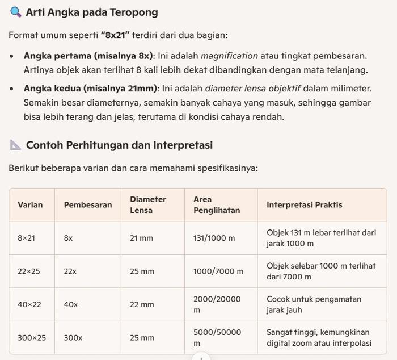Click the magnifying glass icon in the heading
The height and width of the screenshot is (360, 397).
pos(16,12)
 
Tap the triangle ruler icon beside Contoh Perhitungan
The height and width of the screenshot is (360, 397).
pos(16,145)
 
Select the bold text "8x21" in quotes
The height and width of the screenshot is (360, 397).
pos(115,35)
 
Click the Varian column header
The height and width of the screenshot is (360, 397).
pos(29,204)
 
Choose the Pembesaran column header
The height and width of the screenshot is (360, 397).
pos(88,204)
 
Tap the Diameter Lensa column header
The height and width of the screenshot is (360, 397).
pos(148,204)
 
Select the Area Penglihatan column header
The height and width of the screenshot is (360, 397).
pos(217,204)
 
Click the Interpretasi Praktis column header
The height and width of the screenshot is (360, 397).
pos(305,204)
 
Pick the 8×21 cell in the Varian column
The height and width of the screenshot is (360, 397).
pos(26,238)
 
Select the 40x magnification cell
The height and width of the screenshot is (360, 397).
pos(71,304)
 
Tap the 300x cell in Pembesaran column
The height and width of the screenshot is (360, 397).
pos(73,337)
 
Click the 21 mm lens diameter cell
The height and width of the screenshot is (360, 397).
pos(142,238)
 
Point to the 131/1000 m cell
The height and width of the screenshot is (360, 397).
pos(214,238)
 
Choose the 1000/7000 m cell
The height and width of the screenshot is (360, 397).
pos(218,271)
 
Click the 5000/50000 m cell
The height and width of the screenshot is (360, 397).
pos(217,337)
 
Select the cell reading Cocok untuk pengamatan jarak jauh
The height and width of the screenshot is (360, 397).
pos(314,304)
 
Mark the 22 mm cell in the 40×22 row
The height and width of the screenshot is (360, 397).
pos(142,304)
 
